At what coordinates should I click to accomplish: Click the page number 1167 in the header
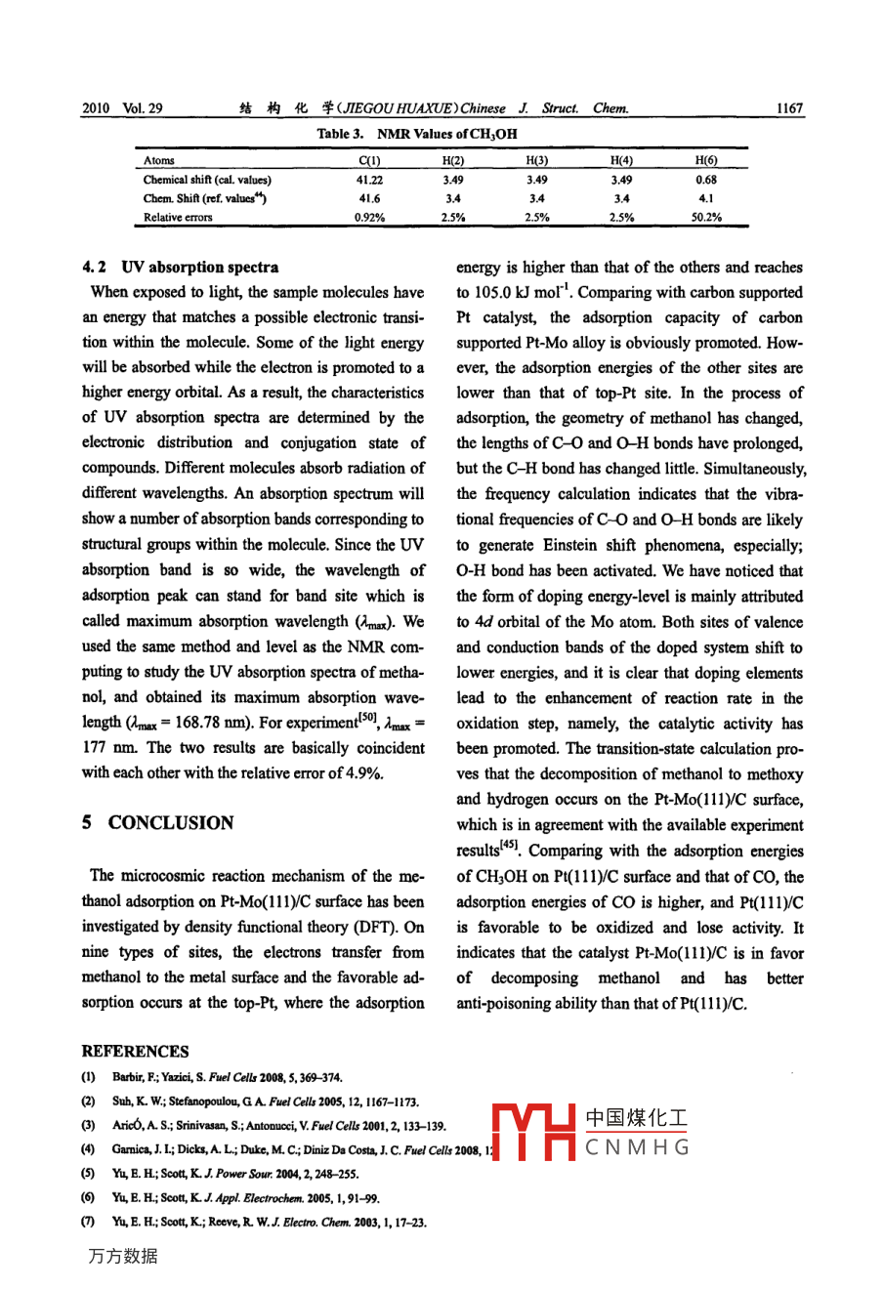[x=788, y=108]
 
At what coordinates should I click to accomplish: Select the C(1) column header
[x=369, y=160]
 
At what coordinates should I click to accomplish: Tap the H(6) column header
[x=705, y=160]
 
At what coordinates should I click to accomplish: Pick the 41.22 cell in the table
[x=369, y=180]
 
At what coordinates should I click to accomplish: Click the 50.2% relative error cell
[x=705, y=218]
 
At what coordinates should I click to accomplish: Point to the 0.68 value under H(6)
[x=705, y=180]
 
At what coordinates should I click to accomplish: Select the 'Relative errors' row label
[x=178, y=218]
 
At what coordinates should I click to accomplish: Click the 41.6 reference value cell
[x=369, y=198]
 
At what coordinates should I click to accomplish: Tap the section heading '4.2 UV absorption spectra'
[x=181, y=267]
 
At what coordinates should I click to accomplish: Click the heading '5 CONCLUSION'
[x=158, y=823]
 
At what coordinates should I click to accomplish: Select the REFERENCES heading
[x=135, y=1052]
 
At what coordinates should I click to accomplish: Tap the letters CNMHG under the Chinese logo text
[x=637, y=1147]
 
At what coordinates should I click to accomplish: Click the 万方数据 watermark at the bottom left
[x=123, y=1256]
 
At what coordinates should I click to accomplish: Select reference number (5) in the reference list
[x=88, y=1175]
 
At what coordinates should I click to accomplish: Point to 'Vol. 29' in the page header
[x=143, y=108]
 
